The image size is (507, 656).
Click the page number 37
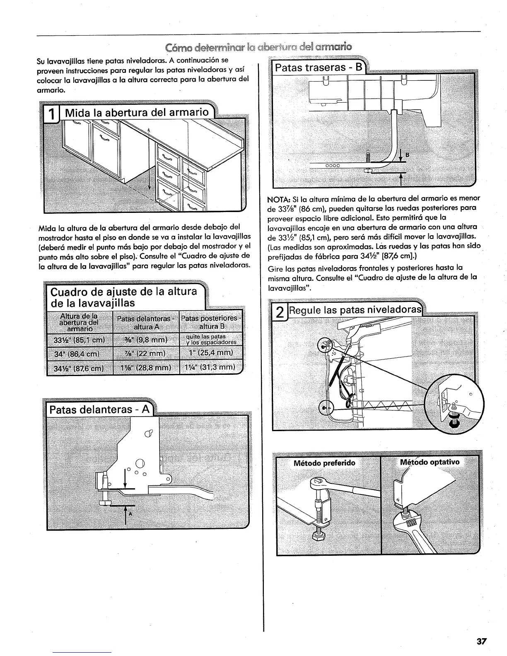coord(481,641)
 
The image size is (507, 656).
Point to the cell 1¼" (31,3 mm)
coord(210,367)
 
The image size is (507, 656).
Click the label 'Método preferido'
coord(324,463)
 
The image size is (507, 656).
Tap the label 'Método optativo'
coord(430,462)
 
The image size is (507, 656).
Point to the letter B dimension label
coord(407,155)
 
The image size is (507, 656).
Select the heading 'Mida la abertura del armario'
coord(136,112)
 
